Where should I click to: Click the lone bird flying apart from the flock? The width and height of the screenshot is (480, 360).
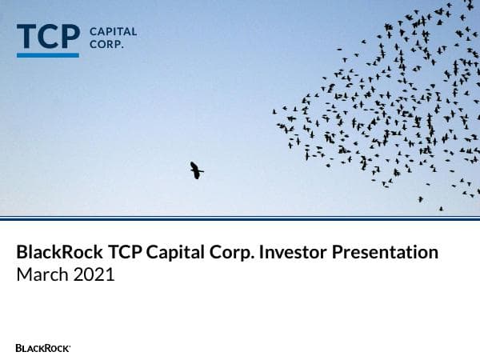[195, 170]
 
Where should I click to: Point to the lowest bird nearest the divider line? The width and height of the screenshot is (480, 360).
[440, 209]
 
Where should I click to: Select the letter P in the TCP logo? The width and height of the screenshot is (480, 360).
[70, 37]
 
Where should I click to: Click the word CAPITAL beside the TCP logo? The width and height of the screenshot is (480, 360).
[113, 32]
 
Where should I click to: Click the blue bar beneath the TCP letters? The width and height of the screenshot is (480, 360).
[48, 55]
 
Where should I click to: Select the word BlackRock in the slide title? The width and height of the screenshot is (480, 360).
[58, 253]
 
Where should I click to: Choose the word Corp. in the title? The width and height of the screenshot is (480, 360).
[239, 253]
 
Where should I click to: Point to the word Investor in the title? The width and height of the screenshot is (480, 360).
[299, 253]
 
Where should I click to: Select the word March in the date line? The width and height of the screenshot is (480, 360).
[41, 275]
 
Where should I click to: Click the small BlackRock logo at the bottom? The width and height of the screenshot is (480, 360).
[43, 348]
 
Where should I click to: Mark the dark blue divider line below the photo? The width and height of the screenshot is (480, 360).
[240, 218]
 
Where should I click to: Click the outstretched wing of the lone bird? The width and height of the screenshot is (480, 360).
[200, 170]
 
